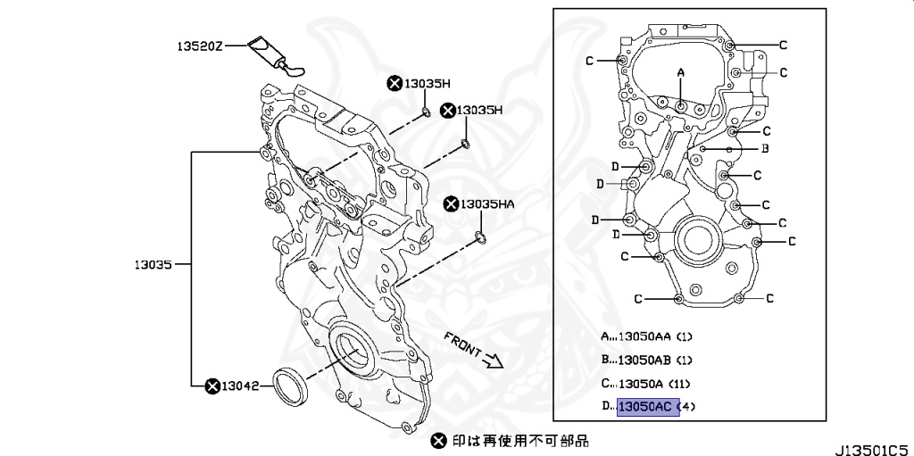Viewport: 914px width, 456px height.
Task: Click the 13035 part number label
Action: point(154,264)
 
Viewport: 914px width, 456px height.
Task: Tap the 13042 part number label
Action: point(240,386)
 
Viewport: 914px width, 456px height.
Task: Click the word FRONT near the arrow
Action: point(462,342)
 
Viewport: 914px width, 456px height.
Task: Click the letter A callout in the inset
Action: point(680,71)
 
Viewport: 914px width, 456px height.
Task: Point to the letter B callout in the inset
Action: point(765,148)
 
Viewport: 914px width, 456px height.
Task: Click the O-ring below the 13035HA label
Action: point(480,236)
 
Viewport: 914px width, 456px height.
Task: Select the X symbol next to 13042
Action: point(212,386)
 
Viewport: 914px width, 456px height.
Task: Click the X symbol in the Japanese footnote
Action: point(437,440)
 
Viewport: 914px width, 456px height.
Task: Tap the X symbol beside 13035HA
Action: point(451,204)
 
